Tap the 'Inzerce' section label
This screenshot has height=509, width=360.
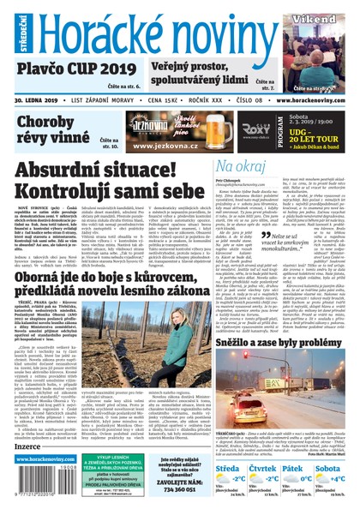tap(29, 446)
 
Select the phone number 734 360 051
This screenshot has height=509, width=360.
tap(185, 500)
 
